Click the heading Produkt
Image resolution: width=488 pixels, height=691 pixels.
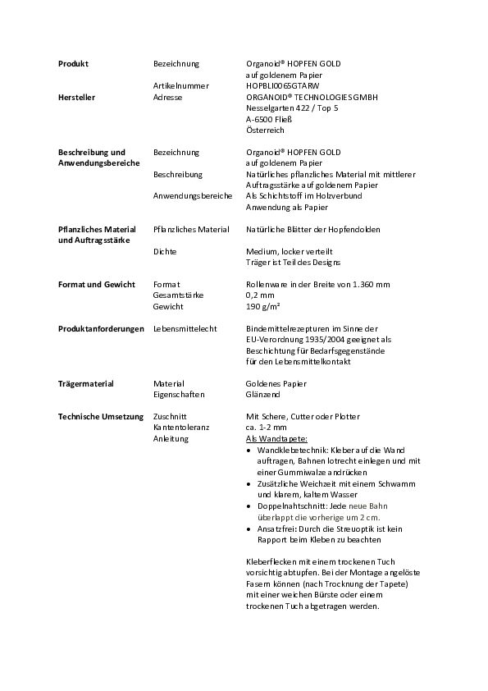(73, 64)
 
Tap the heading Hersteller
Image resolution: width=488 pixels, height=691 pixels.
(76, 98)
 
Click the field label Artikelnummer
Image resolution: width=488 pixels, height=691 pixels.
(180, 86)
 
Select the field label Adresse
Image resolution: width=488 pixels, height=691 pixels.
(167, 98)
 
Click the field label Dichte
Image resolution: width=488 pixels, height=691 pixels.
(165, 252)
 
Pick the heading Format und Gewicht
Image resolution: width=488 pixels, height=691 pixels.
(96, 285)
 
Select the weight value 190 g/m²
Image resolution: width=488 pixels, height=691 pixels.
(263, 307)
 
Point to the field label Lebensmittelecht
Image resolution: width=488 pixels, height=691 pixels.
(185, 329)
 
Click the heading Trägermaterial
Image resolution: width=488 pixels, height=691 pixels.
(85, 384)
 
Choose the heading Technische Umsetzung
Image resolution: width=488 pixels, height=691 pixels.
(101, 417)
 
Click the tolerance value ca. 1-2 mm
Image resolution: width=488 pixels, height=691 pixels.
(267, 428)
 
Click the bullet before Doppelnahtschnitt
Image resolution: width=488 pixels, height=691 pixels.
(249, 506)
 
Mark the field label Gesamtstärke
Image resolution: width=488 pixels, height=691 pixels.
(178, 295)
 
